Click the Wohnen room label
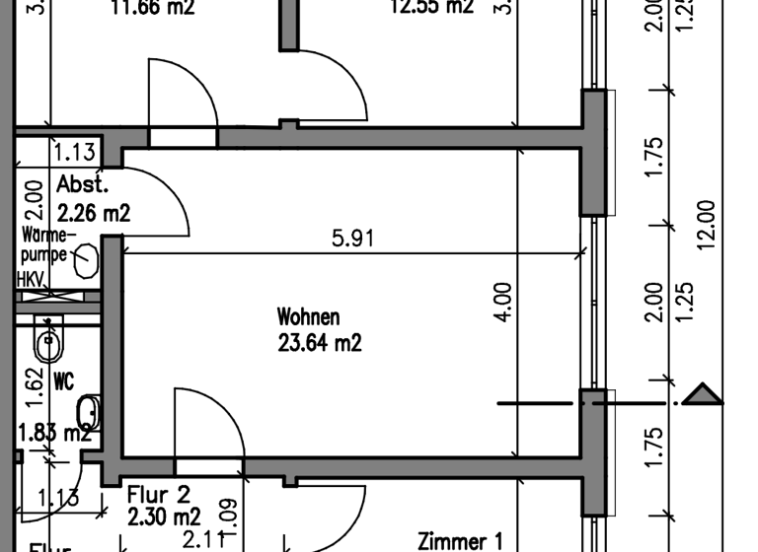coord(308,317)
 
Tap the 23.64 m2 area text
coord(320,343)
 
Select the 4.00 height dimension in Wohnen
coord(503,303)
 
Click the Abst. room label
coord(82,184)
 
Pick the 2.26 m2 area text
coord(94,211)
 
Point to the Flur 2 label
coord(158,493)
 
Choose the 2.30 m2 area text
coord(164,516)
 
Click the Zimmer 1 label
coord(460,541)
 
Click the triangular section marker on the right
coord(703,395)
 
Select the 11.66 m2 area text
coord(152,8)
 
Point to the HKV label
coord(30,280)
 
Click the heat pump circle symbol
coord(86,258)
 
